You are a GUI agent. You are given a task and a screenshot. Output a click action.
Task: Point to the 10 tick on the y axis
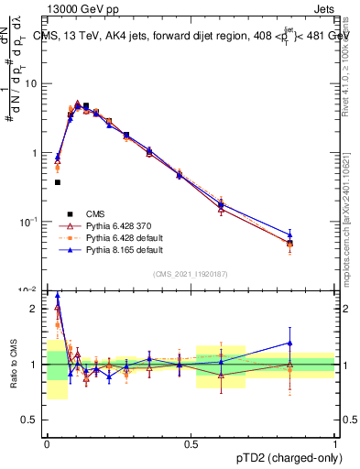point(34,83)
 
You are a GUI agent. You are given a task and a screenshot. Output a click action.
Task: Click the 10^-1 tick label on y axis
point(32,222)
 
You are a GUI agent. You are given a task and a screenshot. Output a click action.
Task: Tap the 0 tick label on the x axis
point(47,444)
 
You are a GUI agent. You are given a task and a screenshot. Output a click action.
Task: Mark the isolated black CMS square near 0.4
point(58,182)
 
